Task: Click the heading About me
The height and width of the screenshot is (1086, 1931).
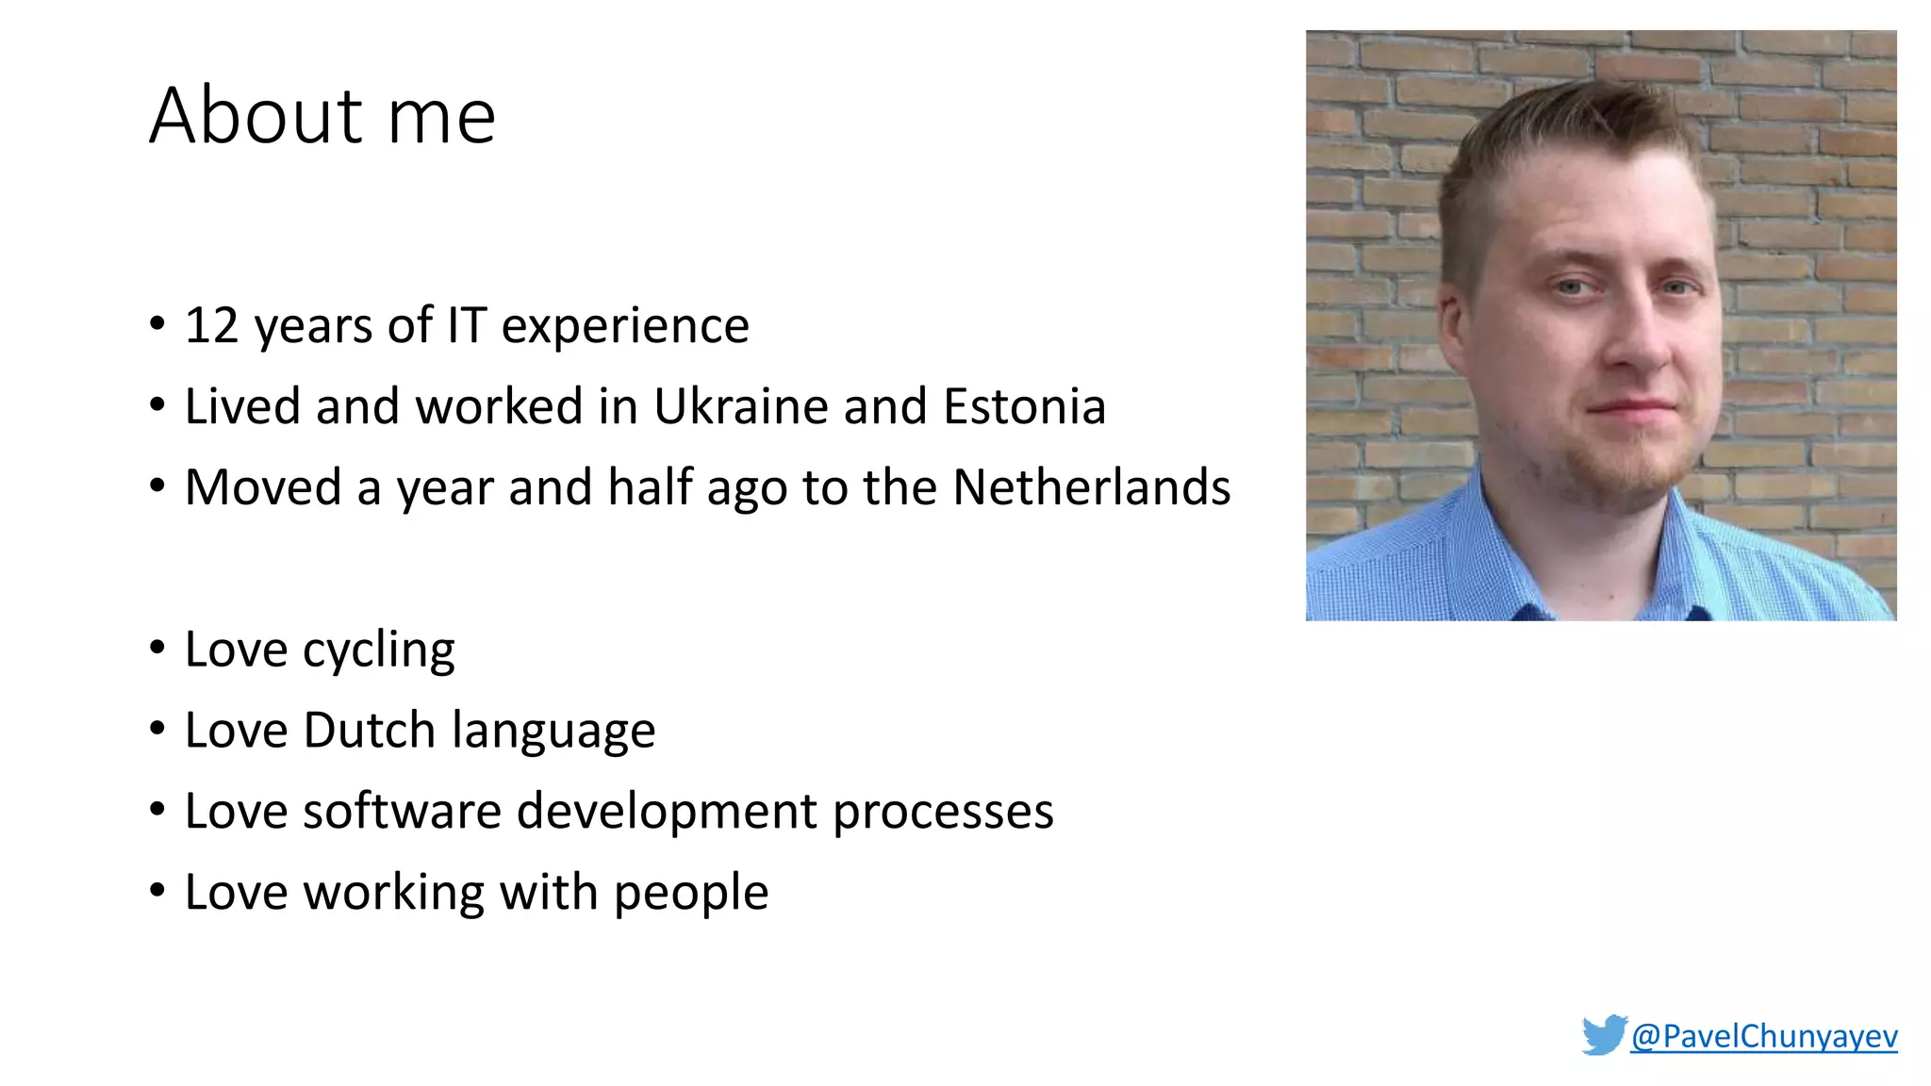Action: tap(322, 116)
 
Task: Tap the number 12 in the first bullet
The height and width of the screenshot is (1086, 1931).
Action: tap(211, 326)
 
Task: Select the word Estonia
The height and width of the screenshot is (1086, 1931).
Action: tap(1024, 407)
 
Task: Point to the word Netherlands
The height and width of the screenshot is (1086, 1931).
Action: tap(1091, 488)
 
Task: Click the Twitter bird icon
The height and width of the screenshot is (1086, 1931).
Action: tap(1604, 1034)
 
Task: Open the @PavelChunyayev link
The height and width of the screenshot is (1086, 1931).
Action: tap(1763, 1036)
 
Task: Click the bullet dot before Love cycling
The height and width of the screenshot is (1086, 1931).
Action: tap(157, 649)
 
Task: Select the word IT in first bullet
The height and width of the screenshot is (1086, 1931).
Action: tap(466, 326)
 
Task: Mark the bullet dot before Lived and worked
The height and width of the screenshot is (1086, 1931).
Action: tap(157, 405)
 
